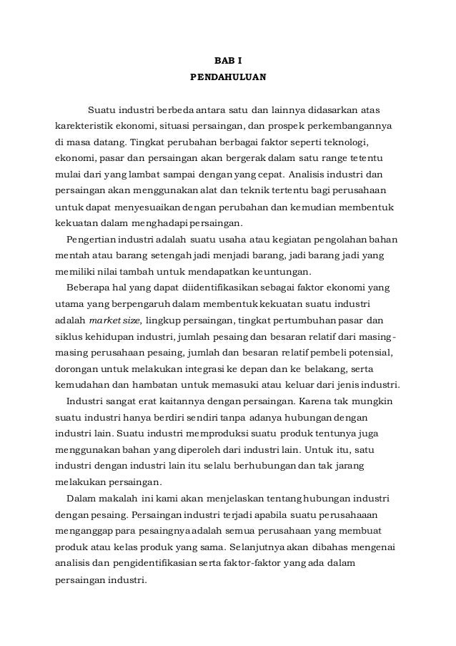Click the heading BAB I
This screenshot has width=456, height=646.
228,60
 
